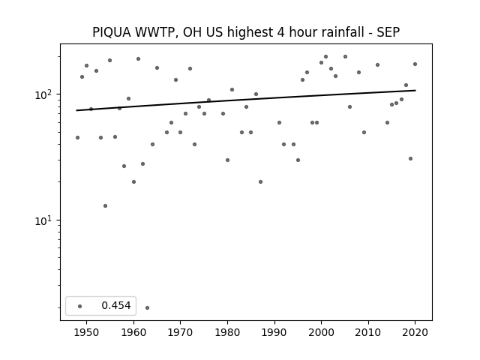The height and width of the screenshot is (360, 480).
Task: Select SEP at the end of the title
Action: pyautogui.click(x=388, y=32)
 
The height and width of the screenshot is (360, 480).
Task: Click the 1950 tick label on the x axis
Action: pyautogui.click(x=87, y=332)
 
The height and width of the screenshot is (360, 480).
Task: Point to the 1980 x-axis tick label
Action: pyautogui.click(x=227, y=332)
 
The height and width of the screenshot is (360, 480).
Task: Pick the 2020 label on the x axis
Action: pyautogui.click(x=415, y=332)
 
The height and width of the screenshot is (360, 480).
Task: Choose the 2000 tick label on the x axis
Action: pyautogui.click(x=322, y=332)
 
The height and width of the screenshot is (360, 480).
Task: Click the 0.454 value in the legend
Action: pyautogui.click(x=116, y=305)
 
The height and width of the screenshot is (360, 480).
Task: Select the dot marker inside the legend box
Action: pyautogui.click(x=80, y=306)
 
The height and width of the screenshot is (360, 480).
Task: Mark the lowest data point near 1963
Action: pyautogui.click(x=147, y=307)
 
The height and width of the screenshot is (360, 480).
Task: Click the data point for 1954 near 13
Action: pyautogui.click(x=105, y=205)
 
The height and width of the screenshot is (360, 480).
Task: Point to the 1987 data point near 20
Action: pyautogui.click(x=260, y=181)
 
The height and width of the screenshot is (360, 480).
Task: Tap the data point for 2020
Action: pyautogui.click(x=415, y=64)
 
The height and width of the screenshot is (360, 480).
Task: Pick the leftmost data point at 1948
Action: pyautogui.click(x=77, y=137)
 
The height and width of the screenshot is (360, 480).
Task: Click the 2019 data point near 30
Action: pyautogui.click(x=410, y=158)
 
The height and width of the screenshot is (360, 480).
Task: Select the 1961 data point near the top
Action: pyautogui.click(x=138, y=58)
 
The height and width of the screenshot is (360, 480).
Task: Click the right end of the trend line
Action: pyautogui.click(x=415, y=90)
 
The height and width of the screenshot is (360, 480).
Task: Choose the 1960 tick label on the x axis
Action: pyautogui.click(x=133, y=332)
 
